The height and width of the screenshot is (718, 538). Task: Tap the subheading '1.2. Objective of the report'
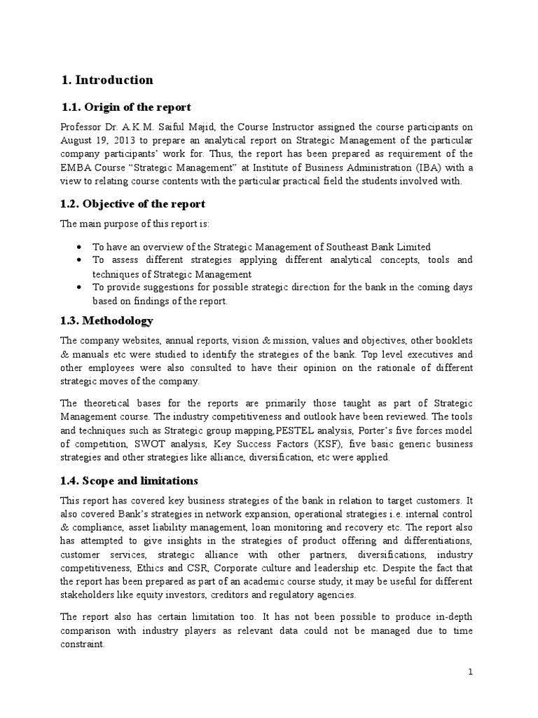(x=134, y=204)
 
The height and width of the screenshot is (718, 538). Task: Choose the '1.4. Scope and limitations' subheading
(x=130, y=480)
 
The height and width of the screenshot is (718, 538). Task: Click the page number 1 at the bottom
(x=471, y=672)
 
